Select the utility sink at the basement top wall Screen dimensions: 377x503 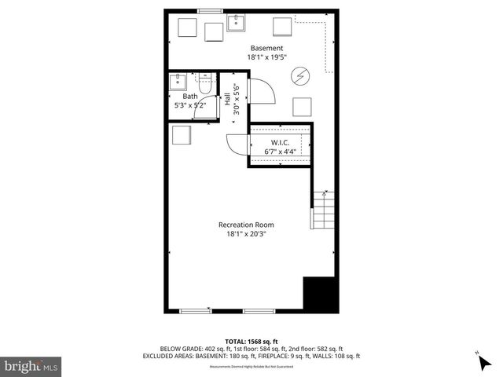pyautogui.click(x=237, y=23)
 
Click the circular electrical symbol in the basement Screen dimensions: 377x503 pyautogui.click(x=300, y=75)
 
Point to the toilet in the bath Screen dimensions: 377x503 pyautogui.click(x=205, y=81)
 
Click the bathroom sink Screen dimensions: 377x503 pyautogui.click(x=177, y=80)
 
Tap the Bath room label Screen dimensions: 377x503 pyautogui.click(x=190, y=97)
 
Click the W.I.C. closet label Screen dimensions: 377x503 pyautogui.click(x=281, y=142)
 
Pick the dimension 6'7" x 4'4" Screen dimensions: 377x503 pyautogui.click(x=281, y=152)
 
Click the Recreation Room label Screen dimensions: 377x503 pyautogui.click(x=246, y=225)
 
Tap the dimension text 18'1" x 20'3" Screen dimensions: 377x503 pyautogui.click(x=246, y=234)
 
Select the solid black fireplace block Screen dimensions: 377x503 pyautogui.click(x=320, y=295)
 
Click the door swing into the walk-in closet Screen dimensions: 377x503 pyautogui.click(x=236, y=145)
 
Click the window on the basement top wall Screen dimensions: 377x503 pyautogui.click(x=209, y=10)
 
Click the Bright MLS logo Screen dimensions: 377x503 pyautogui.click(x=31, y=366)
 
